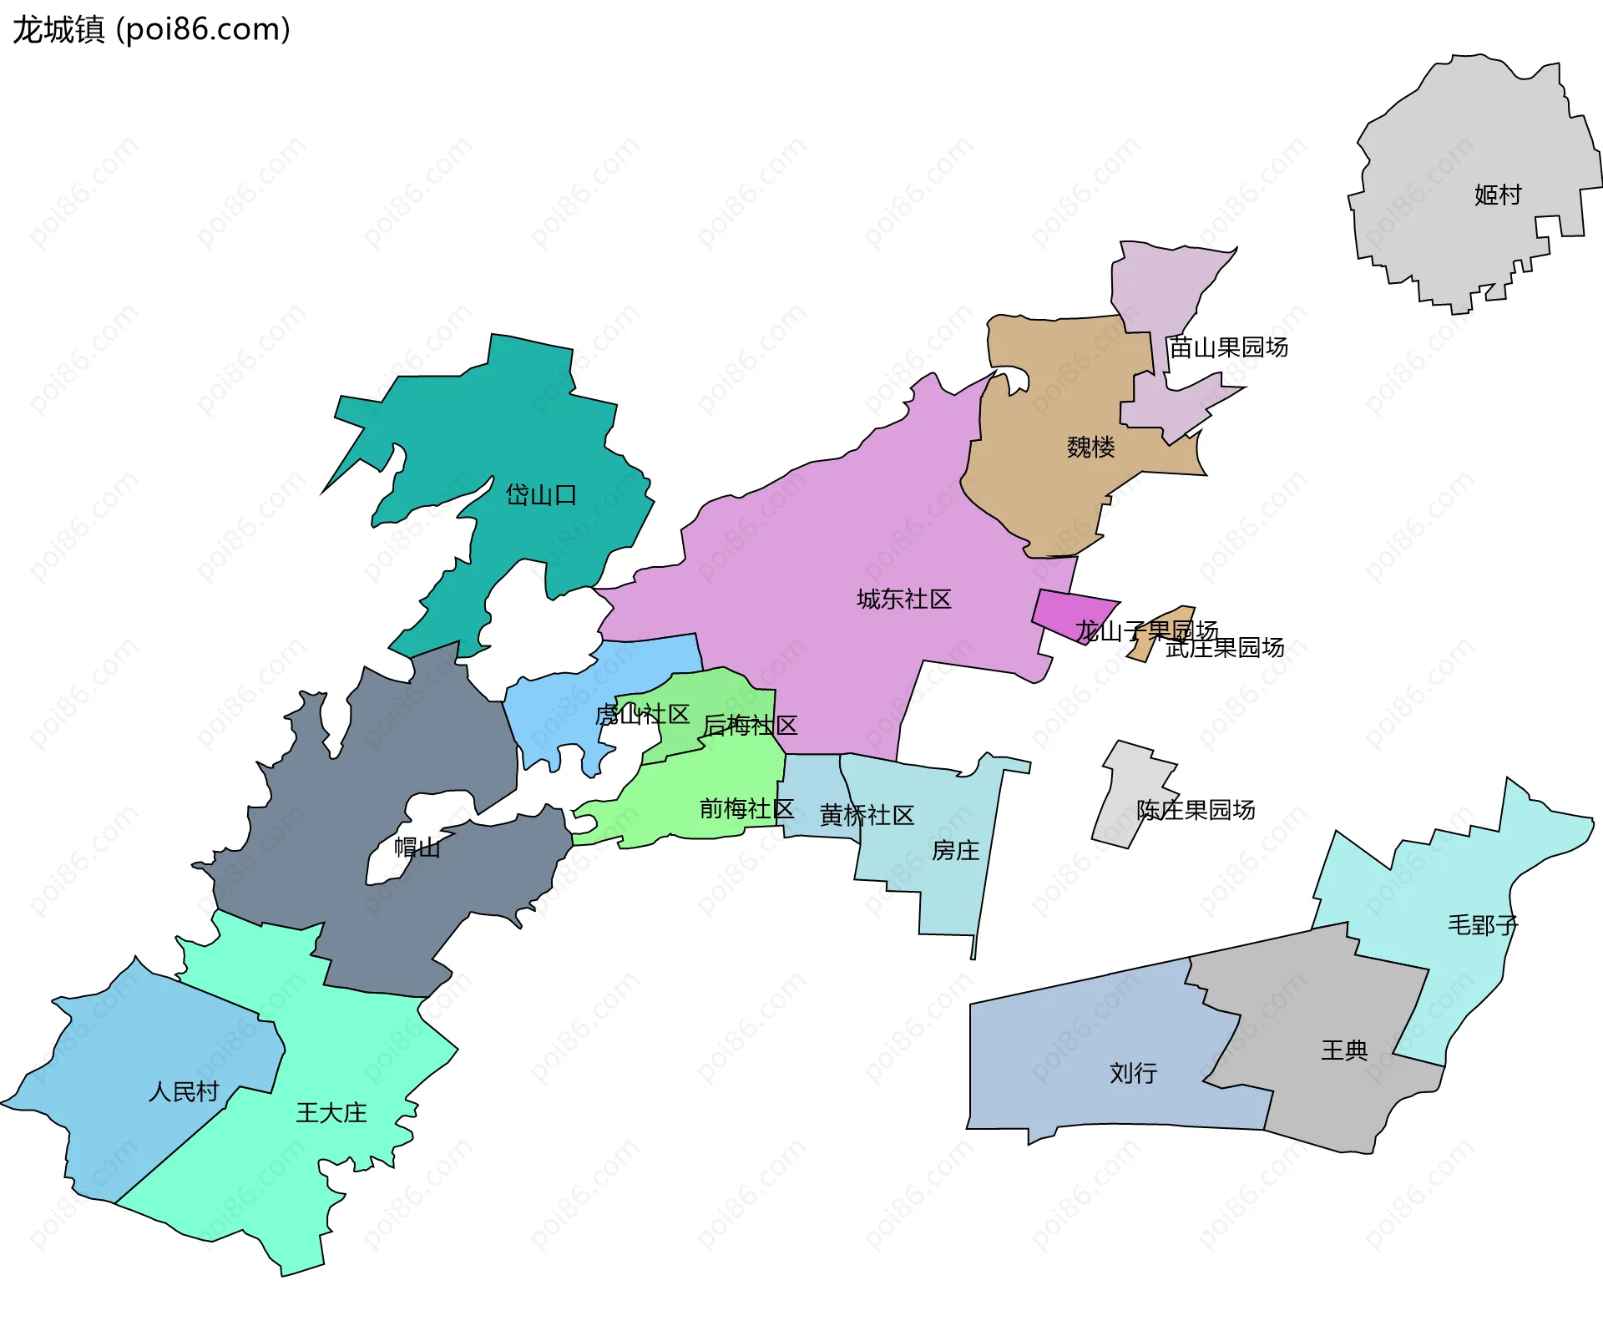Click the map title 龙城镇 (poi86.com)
(x=151, y=29)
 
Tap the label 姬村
(x=1498, y=195)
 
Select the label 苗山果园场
(x=1228, y=347)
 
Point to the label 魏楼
(x=1090, y=448)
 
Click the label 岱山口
(x=541, y=495)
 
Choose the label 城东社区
(x=904, y=599)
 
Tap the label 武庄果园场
(x=1225, y=648)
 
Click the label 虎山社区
(x=641, y=715)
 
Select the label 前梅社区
(x=746, y=808)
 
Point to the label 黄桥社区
(x=867, y=815)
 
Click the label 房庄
(x=955, y=850)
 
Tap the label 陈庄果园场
(x=1196, y=810)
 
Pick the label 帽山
(x=417, y=848)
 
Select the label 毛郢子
(x=1483, y=925)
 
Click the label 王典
(x=1344, y=1050)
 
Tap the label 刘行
(x=1133, y=1073)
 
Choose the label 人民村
(x=184, y=1091)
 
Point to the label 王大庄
(x=331, y=1113)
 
